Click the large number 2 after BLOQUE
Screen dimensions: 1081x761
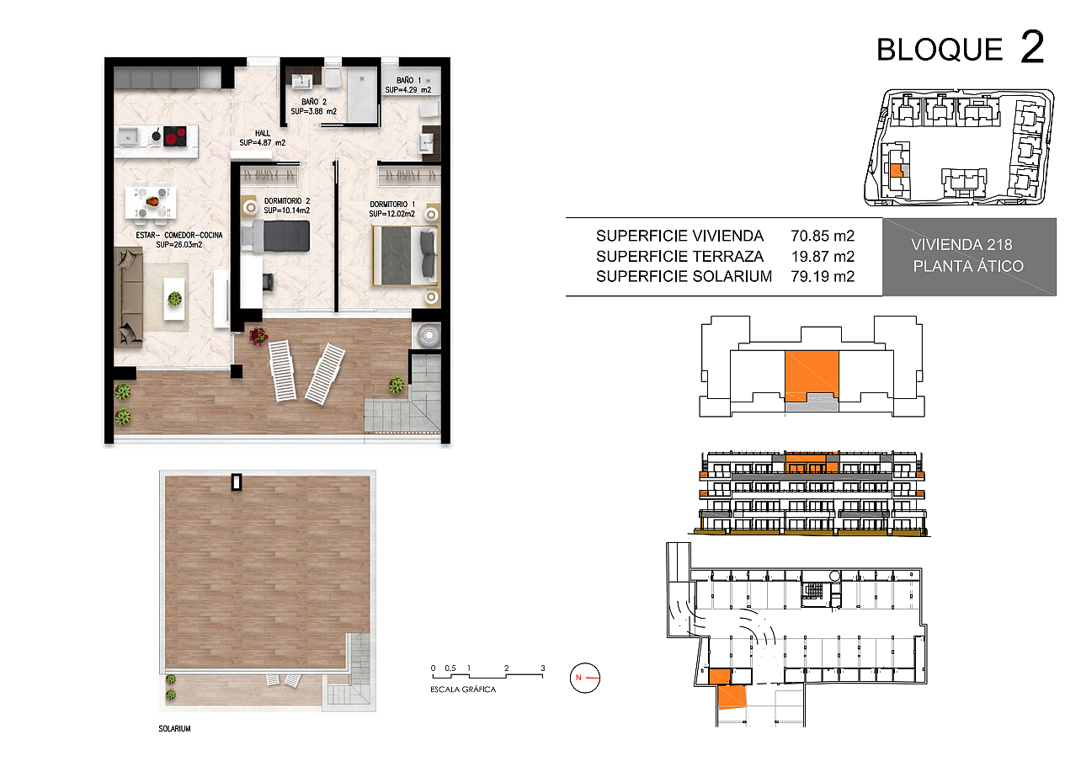click(1032, 47)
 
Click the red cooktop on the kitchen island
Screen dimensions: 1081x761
click(175, 136)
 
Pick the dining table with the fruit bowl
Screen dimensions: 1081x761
click(151, 203)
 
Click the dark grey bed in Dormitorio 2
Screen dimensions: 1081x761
click(275, 236)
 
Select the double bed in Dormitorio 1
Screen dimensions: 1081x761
click(406, 256)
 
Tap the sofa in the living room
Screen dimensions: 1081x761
click(128, 297)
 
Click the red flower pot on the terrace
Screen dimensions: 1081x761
click(258, 335)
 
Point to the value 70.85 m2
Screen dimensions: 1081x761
click(823, 236)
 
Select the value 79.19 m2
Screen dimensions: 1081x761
click(823, 276)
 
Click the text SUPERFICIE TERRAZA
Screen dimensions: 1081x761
click(679, 256)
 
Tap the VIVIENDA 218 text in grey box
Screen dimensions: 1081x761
click(961, 245)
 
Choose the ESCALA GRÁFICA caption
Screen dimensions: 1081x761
click(463, 689)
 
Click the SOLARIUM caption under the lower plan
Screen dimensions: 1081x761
click(174, 729)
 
